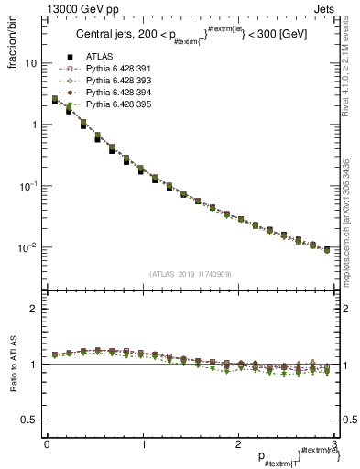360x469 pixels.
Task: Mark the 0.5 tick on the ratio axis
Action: [x=29, y=420]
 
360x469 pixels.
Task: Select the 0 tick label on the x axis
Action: [x=46, y=444]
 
